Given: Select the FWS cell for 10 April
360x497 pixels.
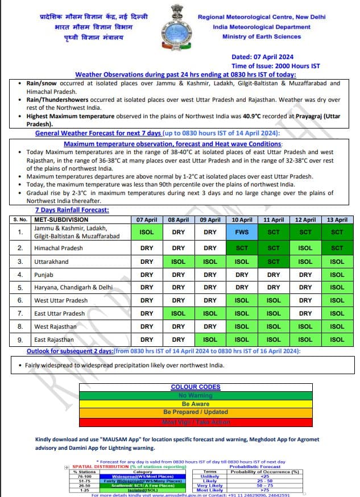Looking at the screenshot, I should (x=242, y=232).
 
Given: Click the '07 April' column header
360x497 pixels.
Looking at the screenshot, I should (x=147, y=219).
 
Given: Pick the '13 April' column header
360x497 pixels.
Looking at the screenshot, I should (x=337, y=219).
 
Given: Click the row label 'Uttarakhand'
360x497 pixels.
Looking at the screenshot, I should (x=51, y=262).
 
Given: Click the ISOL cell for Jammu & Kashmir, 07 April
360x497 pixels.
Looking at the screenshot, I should (x=147, y=232).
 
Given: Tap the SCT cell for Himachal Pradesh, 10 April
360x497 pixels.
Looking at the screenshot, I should (x=242, y=248).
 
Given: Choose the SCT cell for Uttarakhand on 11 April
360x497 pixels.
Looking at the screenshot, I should (x=274, y=262).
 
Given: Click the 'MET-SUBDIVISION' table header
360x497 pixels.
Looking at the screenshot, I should (x=61, y=219).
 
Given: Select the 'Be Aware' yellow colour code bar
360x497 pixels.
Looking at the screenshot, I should (x=196, y=403).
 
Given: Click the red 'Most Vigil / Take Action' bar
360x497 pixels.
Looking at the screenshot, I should (x=196, y=423).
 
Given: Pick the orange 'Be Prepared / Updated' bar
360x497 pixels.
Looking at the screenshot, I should (x=196, y=412).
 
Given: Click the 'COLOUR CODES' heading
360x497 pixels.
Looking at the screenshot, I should (x=196, y=387).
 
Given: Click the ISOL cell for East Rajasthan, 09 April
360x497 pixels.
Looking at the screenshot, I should (x=210, y=339).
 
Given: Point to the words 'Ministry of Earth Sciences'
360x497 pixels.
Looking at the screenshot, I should (x=262, y=36).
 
